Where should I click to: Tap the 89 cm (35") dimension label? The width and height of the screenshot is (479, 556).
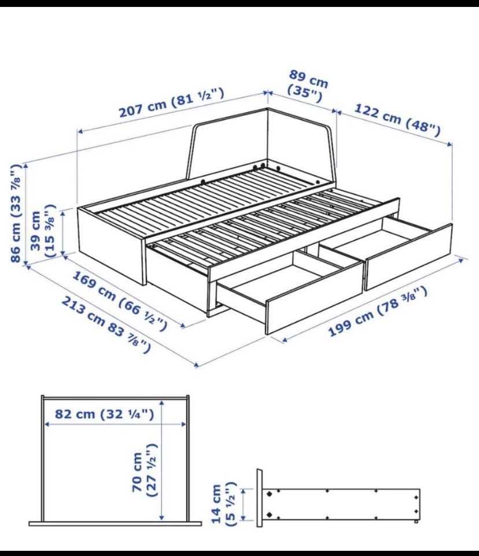pyautogui.click(x=306, y=86)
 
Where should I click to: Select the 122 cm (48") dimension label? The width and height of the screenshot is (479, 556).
pyautogui.click(x=397, y=117)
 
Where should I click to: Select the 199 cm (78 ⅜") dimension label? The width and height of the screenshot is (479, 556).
pyautogui.click(x=378, y=311)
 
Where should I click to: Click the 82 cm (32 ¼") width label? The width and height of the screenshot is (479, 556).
pyautogui.click(x=104, y=414)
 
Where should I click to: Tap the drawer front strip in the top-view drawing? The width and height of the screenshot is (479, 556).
pyautogui.click(x=115, y=524)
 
